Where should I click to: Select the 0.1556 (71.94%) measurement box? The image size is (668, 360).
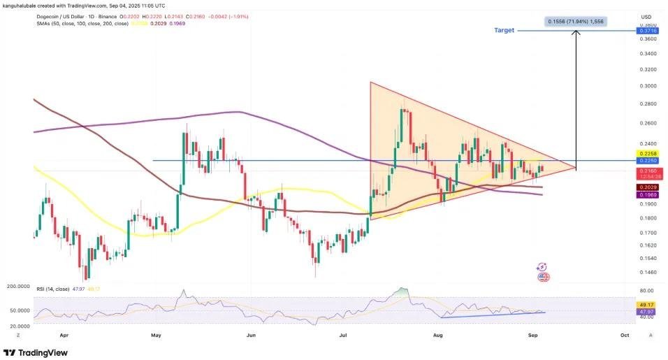click(x=575, y=22)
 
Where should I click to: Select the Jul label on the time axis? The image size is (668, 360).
click(x=343, y=335)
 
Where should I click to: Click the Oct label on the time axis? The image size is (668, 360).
click(x=625, y=335)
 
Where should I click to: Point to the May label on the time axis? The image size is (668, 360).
click(x=156, y=335)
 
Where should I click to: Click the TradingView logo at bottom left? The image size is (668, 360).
click(x=38, y=352)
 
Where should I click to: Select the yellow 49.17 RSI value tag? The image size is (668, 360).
click(x=644, y=305)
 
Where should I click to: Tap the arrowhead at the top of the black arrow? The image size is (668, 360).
click(x=576, y=34)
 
